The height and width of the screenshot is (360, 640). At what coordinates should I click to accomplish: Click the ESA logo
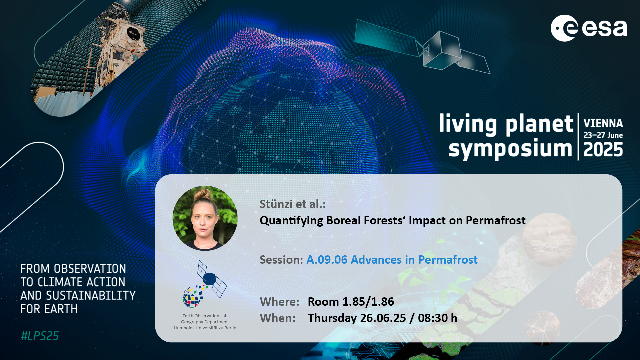click(x=589, y=28)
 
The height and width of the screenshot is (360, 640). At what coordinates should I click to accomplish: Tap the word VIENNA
click(x=603, y=123)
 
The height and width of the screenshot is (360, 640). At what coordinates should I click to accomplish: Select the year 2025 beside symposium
click(x=603, y=149)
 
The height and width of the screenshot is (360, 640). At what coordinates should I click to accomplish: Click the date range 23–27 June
click(x=603, y=135)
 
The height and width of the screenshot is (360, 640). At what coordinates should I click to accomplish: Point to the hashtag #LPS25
click(x=40, y=336)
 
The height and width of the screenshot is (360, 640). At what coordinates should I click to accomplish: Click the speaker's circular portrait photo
click(x=205, y=218)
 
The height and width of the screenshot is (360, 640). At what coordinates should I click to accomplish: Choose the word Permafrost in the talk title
click(x=495, y=220)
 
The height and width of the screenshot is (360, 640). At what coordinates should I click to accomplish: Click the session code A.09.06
click(x=327, y=260)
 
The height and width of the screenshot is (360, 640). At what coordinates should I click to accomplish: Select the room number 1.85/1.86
click(x=368, y=302)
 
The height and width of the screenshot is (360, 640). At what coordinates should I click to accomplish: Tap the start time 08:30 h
click(x=437, y=318)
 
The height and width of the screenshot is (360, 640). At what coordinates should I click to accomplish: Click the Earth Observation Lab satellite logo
click(x=205, y=284)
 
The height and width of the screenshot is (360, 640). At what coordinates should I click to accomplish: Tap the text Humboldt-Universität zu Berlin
click(x=205, y=328)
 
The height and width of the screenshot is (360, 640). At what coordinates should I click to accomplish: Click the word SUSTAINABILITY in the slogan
click(x=91, y=295)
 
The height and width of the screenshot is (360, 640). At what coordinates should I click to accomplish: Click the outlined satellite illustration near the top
click(x=422, y=47)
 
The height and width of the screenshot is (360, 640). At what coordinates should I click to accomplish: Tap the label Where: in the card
click(x=280, y=302)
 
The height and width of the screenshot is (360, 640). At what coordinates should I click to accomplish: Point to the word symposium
click(x=510, y=149)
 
